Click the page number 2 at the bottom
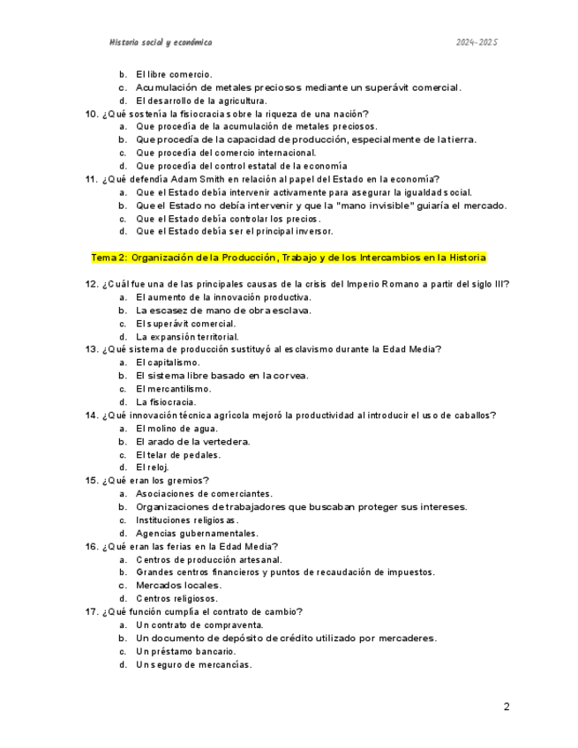(507, 707)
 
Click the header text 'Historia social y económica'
(160, 42)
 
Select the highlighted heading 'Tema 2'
(288, 258)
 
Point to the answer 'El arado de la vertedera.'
(192, 441)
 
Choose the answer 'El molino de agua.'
(179, 428)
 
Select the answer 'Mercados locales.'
(178, 585)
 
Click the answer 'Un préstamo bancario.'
(185, 651)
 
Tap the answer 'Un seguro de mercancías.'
(193, 664)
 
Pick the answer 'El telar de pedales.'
(177, 454)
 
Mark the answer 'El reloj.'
(152, 467)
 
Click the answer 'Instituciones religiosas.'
(187, 520)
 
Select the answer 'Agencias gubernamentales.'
(197, 533)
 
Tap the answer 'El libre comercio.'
(174, 74)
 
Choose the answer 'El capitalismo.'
(168, 363)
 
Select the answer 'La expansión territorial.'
(187, 336)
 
